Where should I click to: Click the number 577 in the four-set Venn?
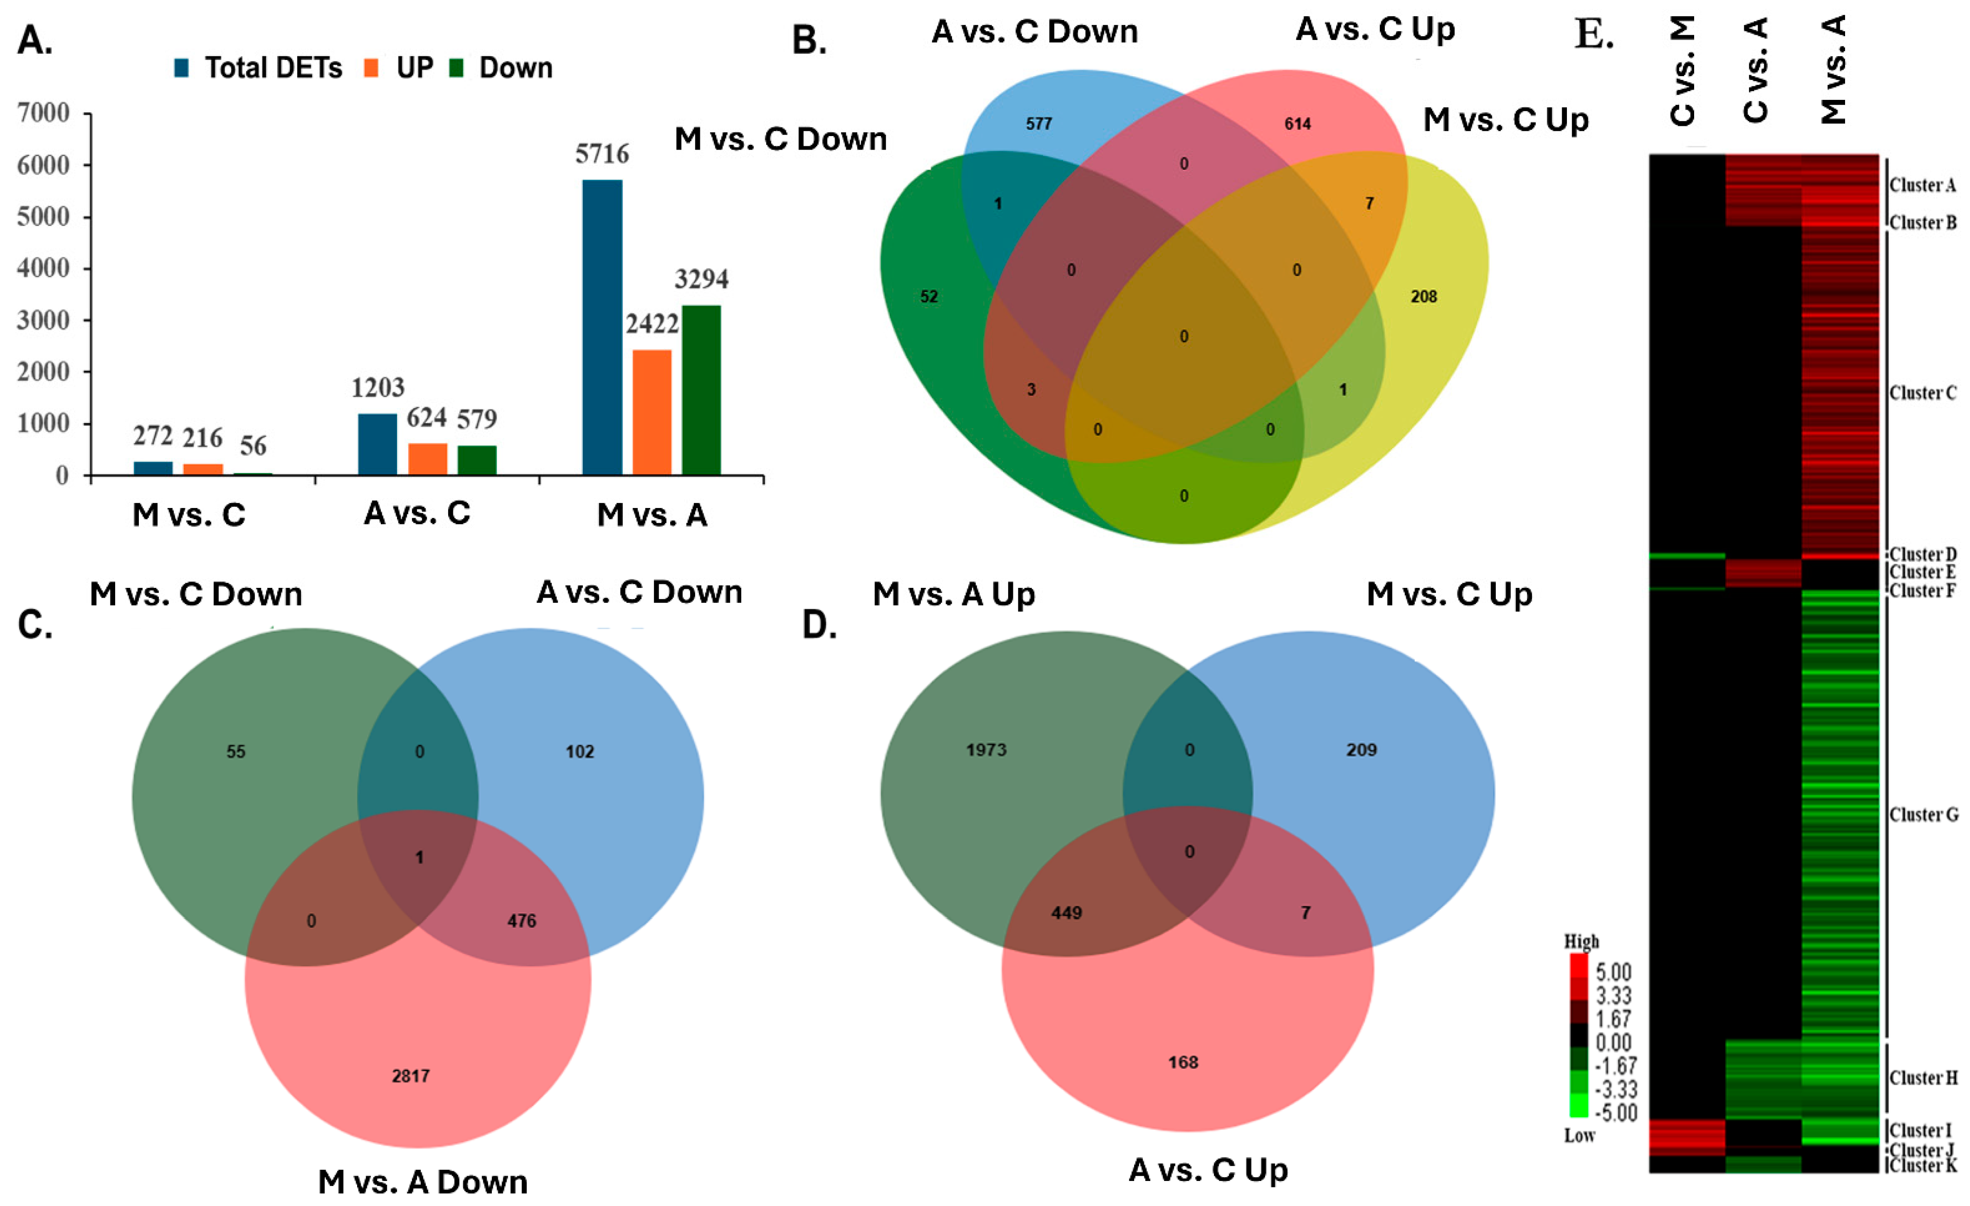1038,124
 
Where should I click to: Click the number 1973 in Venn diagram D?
986,750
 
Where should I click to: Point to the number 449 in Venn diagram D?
1067,913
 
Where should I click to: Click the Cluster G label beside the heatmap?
1923,815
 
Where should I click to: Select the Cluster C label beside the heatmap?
1923,393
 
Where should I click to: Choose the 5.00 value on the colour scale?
1612,972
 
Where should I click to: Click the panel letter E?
1593,36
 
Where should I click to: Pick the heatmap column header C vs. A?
1756,71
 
